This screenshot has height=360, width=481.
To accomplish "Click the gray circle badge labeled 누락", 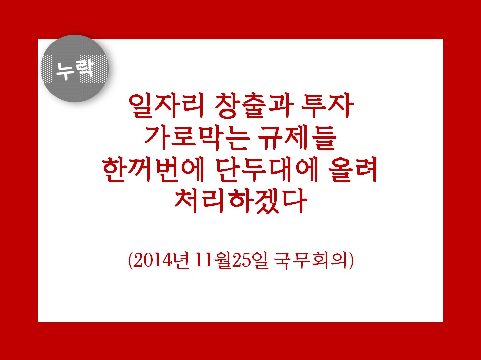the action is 74,69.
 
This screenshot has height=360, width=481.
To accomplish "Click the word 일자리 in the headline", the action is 166,106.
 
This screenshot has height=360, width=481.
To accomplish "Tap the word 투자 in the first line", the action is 327,106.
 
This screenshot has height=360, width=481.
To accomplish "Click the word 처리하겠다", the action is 241,201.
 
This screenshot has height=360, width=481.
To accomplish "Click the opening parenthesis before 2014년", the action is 130,261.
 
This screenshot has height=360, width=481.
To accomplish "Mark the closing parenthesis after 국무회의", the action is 352,261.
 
